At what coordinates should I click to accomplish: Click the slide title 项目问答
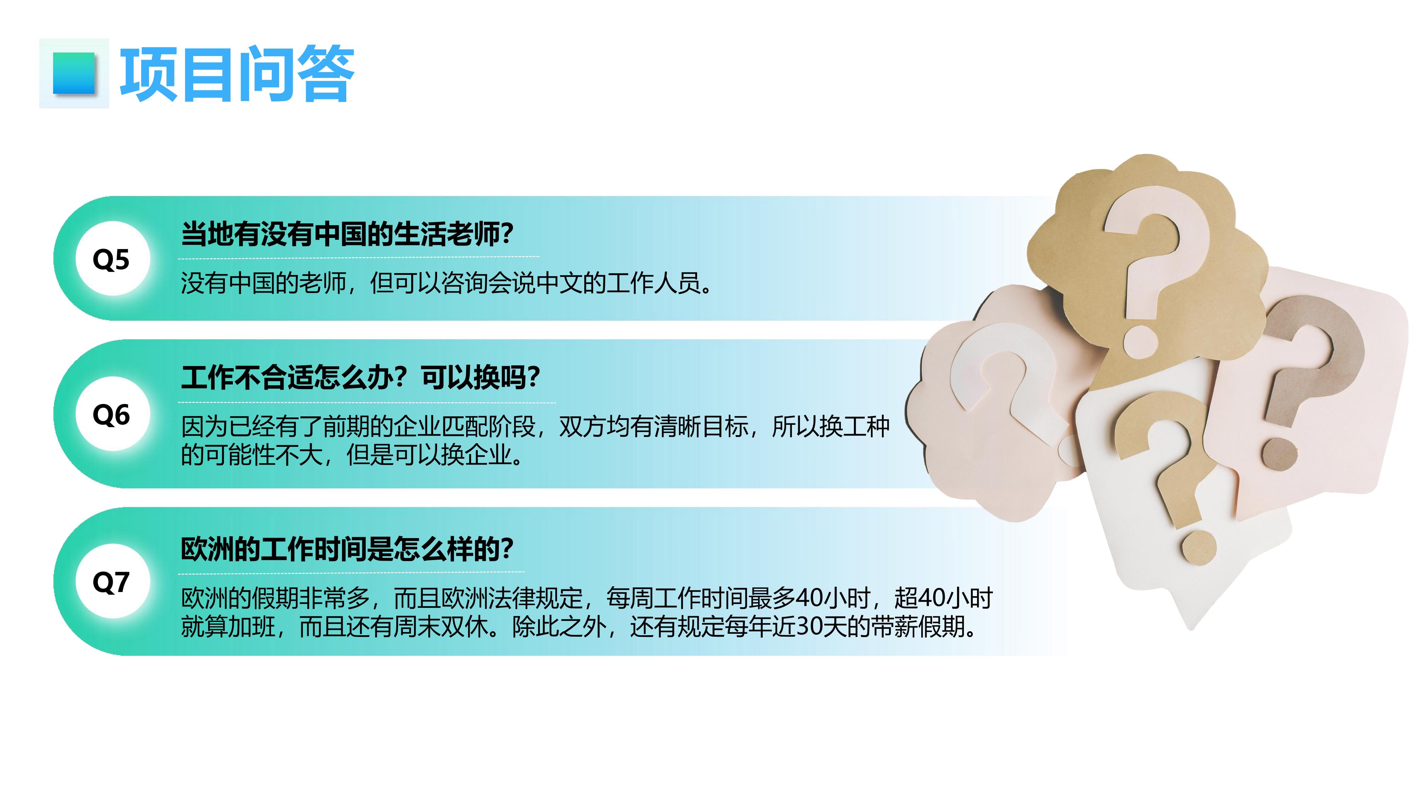tap(237, 74)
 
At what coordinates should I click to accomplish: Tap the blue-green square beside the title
tap(74, 73)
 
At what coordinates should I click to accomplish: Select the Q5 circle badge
tap(111, 259)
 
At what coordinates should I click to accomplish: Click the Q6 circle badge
tap(111, 414)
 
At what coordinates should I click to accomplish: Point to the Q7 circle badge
tap(111, 582)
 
